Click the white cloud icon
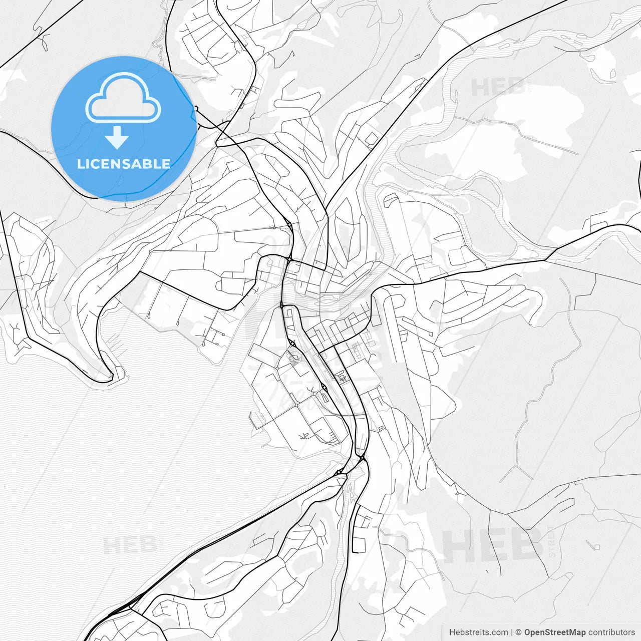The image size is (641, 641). click(x=123, y=98)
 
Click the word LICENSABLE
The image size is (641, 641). click(x=123, y=164)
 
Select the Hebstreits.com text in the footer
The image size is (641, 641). click(x=478, y=632)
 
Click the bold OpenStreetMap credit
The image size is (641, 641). click(x=554, y=632)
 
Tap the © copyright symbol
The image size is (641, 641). click(x=519, y=632)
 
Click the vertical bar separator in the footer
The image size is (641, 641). click(x=511, y=632)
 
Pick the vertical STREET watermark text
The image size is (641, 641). click(x=552, y=541)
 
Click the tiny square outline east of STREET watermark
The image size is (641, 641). click(x=596, y=546)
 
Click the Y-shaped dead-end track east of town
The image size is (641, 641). click(x=516, y=471)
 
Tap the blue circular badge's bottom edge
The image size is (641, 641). click(x=123, y=200)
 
